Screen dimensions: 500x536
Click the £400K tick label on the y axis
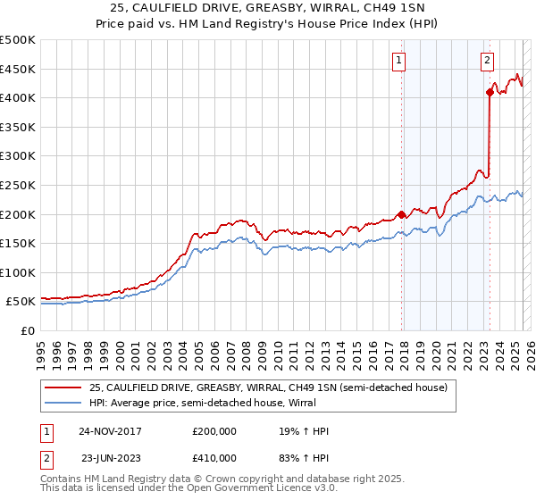19,97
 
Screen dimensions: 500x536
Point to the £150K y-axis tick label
19,243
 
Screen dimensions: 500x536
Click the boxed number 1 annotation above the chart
398,61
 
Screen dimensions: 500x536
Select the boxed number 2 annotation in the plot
487,61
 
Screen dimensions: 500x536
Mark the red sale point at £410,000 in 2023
490,92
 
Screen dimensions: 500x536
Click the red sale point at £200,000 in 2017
402,214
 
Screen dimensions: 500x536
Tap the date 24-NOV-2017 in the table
110,431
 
